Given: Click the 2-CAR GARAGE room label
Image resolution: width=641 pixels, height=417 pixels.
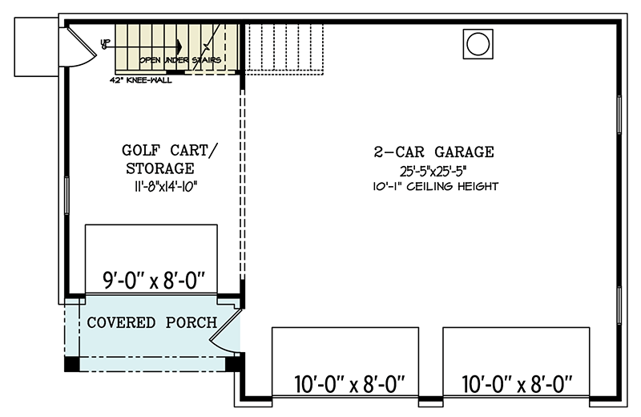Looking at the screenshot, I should (x=433, y=152).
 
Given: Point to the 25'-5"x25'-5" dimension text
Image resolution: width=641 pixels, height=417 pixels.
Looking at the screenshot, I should (x=433, y=171).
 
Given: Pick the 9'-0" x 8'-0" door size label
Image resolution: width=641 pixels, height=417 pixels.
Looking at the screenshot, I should (x=155, y=281).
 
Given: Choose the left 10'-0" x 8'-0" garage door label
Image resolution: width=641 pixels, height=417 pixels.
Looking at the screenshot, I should (x=345, y=383).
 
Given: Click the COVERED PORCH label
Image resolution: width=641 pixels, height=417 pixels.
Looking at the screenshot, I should (x=151, y=322).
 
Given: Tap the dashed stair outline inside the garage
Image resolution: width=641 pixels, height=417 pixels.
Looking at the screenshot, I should (x=284, y=48).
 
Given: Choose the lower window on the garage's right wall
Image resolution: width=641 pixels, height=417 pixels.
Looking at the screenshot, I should (x=619, y=305).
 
